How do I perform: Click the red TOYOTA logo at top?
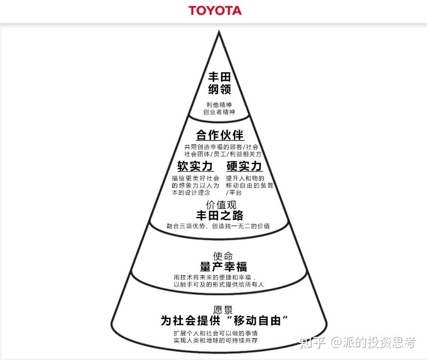pyautogui.click(x=214, y=10)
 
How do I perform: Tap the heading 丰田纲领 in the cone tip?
pyautogui.click(x=219, y=83)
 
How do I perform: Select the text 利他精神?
pyautogui.click(x=219, y=105)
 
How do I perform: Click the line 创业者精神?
pyautogui.click(x=219, y=113)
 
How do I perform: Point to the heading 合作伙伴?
pyautogui.click(x=220, y=135)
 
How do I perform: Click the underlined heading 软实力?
pyautogui.click(x=195, y=166)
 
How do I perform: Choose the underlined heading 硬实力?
pyautogui.click(x=244, y=166)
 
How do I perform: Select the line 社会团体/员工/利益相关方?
pyautogui.click(x=223, y=154)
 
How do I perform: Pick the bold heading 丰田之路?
pyautogui.click(x=220, y=216)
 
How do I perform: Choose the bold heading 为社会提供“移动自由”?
pyautogui.click(x=225, y=321)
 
